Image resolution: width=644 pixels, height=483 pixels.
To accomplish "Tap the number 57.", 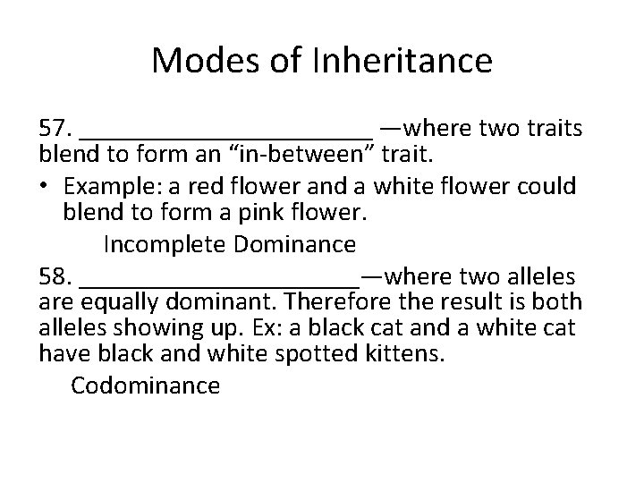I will point(55,128).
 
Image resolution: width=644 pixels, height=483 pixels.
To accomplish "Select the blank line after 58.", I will point(219,281).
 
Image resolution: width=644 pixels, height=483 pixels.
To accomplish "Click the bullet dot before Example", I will point(46,186).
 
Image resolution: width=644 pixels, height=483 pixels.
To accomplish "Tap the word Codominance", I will point(145,386).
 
